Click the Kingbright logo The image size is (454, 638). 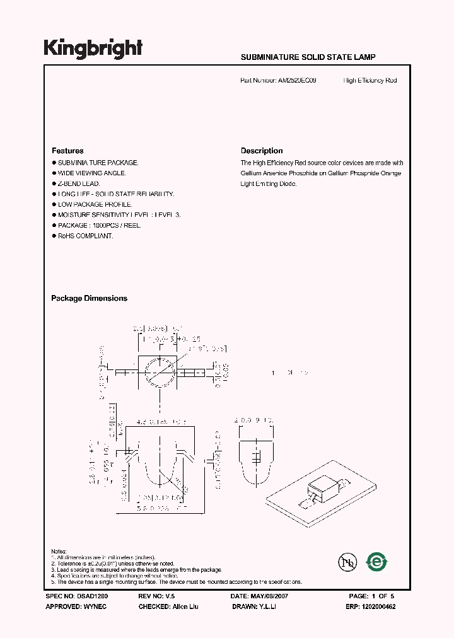point(92,48)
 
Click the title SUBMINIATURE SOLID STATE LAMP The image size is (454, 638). point(308,57)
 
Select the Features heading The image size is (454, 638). point(67,151)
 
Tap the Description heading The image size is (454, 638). point(262,151)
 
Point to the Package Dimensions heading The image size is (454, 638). point(89,298)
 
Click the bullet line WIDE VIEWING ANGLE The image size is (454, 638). point(92,173)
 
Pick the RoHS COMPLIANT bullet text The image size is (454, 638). point(85,236)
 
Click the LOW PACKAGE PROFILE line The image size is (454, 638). point(95,204)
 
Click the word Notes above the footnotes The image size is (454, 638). point(59,552)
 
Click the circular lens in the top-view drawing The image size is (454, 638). point(160,373)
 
